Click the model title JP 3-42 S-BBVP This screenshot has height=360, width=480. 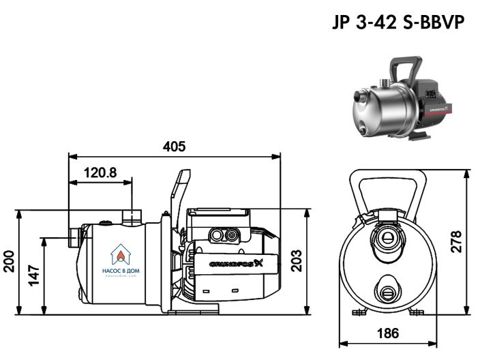(397, 23)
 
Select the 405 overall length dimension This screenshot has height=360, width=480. (174, 146)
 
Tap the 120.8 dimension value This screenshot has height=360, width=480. (100, 172)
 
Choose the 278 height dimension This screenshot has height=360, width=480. (455, 241)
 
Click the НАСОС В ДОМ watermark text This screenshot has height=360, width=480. (120, 270)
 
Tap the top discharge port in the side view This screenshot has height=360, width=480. (131, 217)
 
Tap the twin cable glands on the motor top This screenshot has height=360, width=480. (226, 236)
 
